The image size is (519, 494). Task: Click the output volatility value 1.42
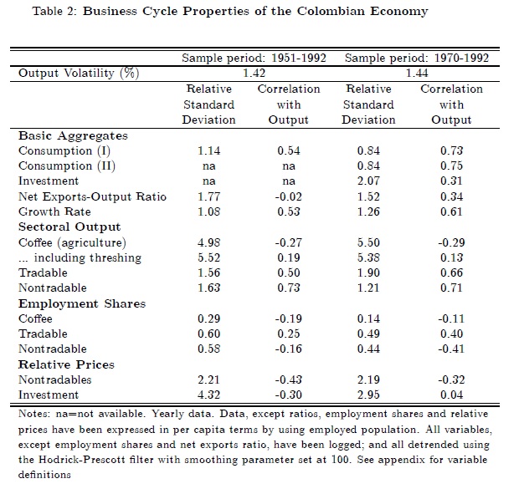(254, 74)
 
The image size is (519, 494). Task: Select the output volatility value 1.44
(416, 74)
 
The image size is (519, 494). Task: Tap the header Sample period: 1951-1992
(254, 59)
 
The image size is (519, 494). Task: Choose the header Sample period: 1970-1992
(416, 59)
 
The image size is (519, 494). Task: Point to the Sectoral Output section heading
(69, 227)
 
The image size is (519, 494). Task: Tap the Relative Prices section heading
(66, 364)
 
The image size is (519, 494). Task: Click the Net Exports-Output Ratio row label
(92, 196)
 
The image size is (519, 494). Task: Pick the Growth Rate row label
(54, 211)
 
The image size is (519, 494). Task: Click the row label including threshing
(80, 257)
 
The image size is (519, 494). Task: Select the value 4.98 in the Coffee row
(208, 242)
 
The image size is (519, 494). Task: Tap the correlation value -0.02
(287, 196)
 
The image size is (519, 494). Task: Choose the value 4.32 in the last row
(208, 395)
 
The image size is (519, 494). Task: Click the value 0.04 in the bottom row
(452, 395)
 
